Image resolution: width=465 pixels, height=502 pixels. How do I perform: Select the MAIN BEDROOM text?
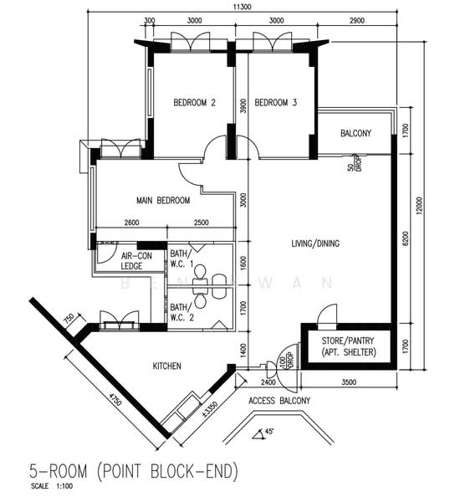coord(163,201)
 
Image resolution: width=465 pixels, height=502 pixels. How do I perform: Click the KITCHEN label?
coord(167,366)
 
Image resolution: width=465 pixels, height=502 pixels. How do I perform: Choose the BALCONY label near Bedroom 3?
coord(355,134)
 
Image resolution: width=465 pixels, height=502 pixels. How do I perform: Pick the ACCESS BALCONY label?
coord(279,401)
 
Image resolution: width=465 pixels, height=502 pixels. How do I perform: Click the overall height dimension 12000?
coord(429,205)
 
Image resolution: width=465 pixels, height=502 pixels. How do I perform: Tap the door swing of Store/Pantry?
coord(326,316)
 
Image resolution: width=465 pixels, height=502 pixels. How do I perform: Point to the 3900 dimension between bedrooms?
coord(243,106)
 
